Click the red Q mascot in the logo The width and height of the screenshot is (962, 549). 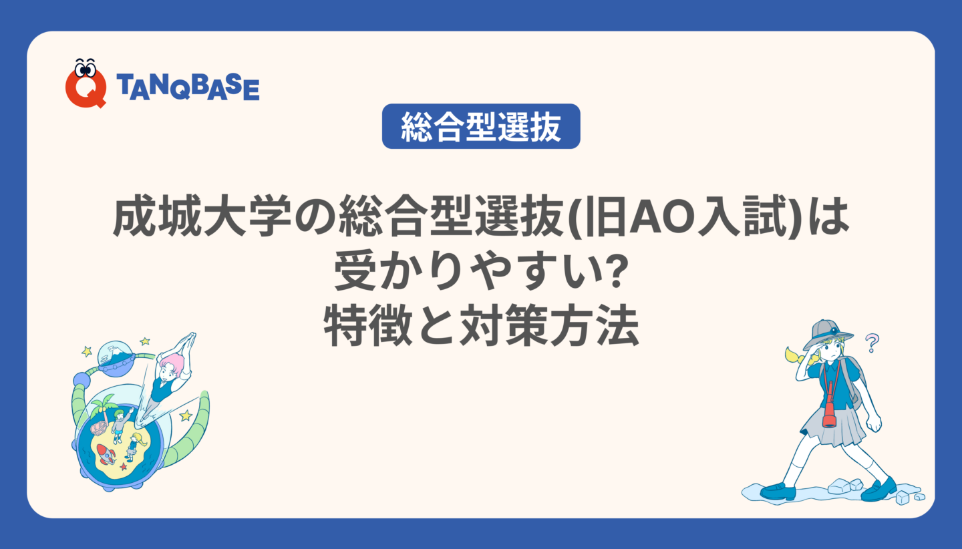[86, 83]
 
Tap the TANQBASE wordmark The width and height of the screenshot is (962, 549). [188, 87]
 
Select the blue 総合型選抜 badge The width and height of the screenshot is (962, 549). [481, 126]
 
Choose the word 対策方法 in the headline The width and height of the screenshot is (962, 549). [549, 325]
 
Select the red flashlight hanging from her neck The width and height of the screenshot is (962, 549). [829, 411]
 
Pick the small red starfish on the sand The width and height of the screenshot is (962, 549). [124, 466]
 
